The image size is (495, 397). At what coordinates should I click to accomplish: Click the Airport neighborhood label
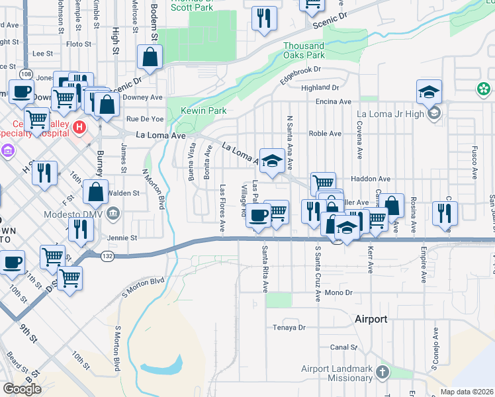tap(371, 319)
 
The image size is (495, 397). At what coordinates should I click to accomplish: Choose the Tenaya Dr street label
tap(290, 328)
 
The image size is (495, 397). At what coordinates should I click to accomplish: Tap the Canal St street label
tap(343, 347)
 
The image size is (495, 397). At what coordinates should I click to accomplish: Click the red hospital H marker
tap(79, 126)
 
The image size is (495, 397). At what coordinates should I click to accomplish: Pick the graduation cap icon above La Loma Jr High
tap(429, 91)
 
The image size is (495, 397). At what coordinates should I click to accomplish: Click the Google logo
tap(22, 389)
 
